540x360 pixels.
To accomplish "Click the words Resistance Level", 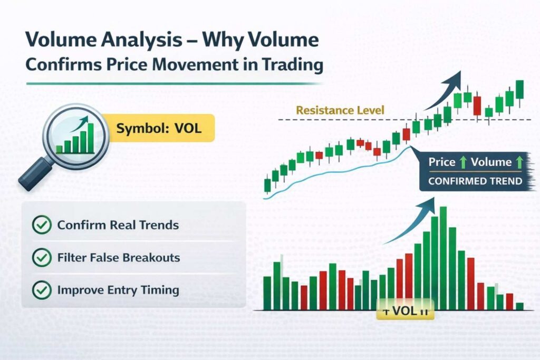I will coord(340,111).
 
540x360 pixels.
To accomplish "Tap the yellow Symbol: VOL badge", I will coord(159,128).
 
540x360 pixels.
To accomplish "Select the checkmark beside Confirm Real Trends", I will coord(41,225).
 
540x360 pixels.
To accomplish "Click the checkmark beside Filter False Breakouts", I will coord(41,258).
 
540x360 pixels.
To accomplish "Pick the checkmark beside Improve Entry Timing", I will coord(41,290).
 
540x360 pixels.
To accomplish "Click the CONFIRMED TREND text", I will coord(475,181).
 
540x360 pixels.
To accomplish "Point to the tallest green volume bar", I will coord(443,258).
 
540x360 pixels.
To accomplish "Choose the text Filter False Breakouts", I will coord(119,258).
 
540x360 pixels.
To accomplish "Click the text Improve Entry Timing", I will coord(118,290).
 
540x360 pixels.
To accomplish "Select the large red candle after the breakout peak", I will coord(477,105).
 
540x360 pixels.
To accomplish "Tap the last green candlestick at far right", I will coord(520,90).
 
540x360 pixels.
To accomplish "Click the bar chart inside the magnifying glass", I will coord(74,138).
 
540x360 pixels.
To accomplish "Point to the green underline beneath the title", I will coord(174,83).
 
